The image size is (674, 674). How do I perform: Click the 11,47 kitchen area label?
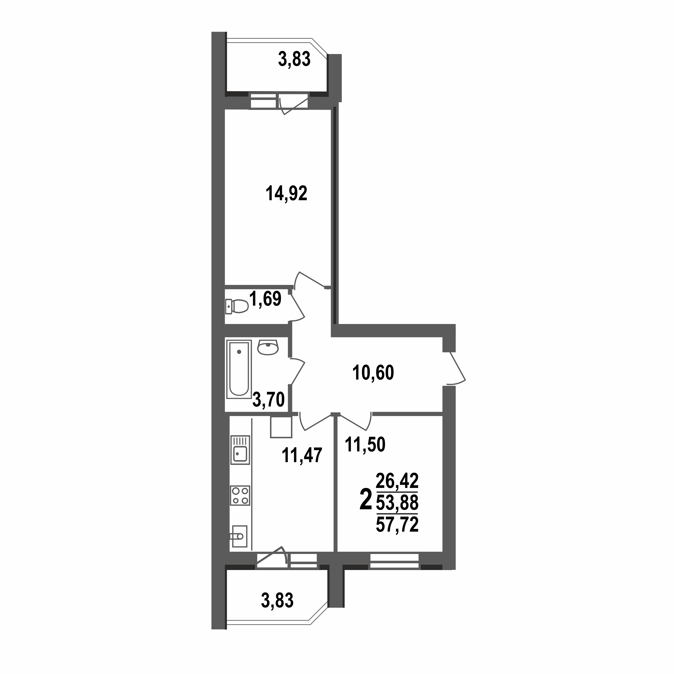click(x=302, y=456)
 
